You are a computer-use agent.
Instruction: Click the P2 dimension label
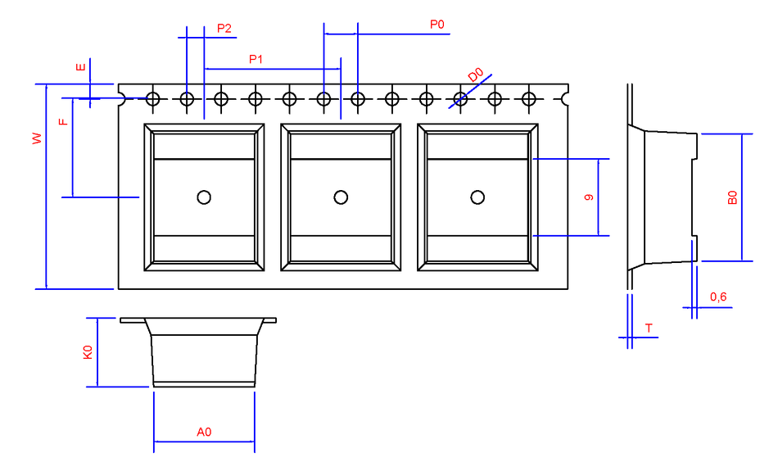click(x=224, y=29)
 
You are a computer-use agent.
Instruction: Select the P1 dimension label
click(x=256, y=60)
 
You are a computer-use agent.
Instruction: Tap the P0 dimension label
click(x=437, y=25)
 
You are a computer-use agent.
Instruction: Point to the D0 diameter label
click(x=475, y=75)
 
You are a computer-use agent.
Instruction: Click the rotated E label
click(x=80, y=67)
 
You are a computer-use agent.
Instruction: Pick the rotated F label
click(x=64, y=121)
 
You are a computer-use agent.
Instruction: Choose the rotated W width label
click(x=37, y=138)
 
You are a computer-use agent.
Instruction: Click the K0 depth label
click(x=88, y=352)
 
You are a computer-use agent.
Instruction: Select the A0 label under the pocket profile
click(x=204, y=433)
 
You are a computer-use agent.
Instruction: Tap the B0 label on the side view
click(x=732, y=197)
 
